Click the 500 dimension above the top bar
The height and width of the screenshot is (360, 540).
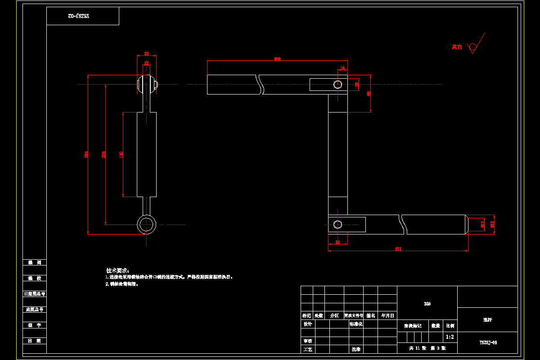[x=277, y=58]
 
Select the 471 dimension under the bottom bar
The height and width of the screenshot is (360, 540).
[x=398, y=248]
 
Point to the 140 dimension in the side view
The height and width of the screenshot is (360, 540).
[x=121, y=154]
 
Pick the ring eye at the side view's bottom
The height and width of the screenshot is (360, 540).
[x=146, y=224]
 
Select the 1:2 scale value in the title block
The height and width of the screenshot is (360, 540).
[x=450, y=337]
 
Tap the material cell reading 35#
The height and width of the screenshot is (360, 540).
[x=427, y=304]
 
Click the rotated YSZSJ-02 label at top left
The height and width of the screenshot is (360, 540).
[x=79, y=16]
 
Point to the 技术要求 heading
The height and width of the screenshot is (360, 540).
[x=117, y=270]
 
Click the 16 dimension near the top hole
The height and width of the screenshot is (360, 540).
[x=342, y=68]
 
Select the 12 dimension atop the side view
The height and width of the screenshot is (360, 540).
[x=146, y=63]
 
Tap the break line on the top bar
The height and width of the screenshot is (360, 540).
[x=260, y=84]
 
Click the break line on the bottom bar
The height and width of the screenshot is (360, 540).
[x=404, y=224]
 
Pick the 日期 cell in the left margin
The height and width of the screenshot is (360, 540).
[x=35, y=341]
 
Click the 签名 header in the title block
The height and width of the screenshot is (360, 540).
[x=371, y=315]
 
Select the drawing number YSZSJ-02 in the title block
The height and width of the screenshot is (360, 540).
[x=488, y=342]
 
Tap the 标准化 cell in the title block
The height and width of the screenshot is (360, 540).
[x=356, y=324]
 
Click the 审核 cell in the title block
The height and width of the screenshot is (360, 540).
[x=307, y=341]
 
